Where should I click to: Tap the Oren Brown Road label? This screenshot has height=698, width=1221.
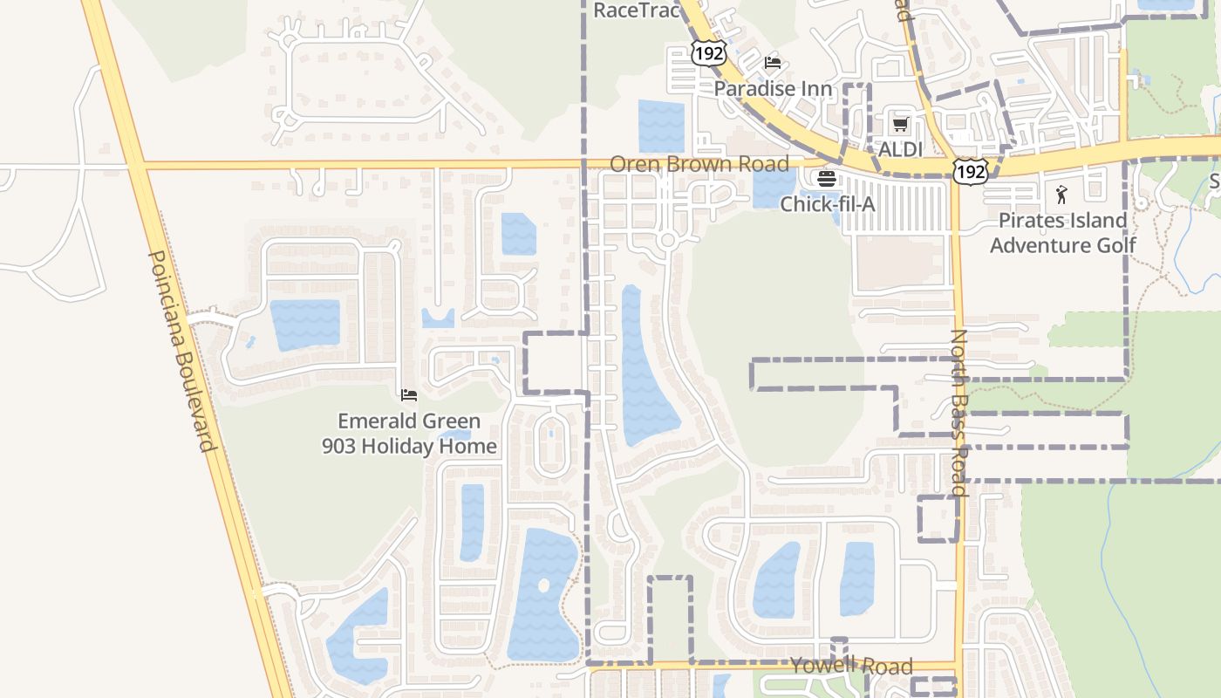point(699,164)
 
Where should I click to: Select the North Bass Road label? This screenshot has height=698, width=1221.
point(959,412)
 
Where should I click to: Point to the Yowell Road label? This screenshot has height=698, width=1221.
point(851,667)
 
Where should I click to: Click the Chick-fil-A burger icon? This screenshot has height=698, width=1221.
point(826,179)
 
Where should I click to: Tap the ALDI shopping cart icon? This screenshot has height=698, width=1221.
point(900,124)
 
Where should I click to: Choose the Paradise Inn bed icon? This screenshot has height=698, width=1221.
point(773,63)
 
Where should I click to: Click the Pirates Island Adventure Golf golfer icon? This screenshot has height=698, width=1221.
point(1061,195)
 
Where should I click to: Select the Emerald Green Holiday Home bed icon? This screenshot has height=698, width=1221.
point(409,395)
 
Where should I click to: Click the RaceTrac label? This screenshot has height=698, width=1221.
point(636,10)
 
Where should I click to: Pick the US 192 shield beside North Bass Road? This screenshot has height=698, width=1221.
point(970,171)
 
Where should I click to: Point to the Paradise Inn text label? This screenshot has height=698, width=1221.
point(773,89)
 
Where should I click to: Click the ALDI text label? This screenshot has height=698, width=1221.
point(900,149)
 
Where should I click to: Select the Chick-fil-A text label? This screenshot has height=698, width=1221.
point(827,204)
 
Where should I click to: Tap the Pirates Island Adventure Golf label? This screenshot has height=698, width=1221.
point(1062,233)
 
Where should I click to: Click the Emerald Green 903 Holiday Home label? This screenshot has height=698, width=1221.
point(409,434)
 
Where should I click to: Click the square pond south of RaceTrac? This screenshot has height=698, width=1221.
point(661,127)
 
